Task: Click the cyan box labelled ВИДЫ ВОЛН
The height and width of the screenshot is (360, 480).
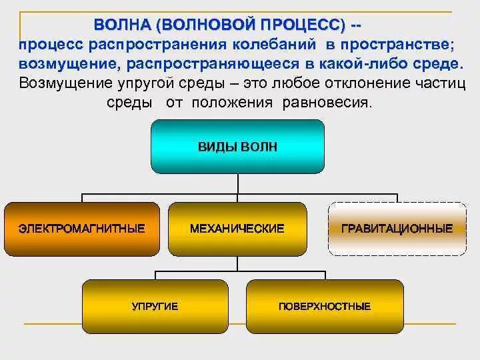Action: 237,147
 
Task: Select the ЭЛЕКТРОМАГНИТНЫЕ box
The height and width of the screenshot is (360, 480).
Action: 82,229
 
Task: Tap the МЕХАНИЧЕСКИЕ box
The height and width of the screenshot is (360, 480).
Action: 237,229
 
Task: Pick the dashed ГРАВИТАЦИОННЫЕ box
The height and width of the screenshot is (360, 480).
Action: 397,229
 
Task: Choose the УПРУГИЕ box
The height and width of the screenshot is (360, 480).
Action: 155,306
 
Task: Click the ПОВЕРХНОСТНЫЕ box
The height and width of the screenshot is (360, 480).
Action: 325,306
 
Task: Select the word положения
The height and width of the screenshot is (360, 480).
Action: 232,103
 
